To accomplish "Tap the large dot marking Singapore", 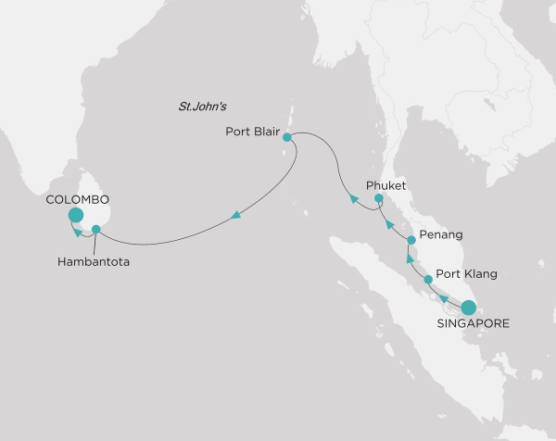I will click(469, 307).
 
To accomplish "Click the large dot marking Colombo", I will click(75, 217).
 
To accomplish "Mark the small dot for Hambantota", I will click(97, 228).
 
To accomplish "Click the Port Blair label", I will click(252, 131).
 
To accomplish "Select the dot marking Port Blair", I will click(287, 137).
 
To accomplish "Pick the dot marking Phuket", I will click(378, 198).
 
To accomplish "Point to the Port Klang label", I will click(467, 274).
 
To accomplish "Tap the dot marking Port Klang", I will click(428, 279).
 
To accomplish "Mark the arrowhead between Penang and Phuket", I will click(388, 223).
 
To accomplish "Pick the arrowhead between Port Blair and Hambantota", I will click(236, 216).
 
